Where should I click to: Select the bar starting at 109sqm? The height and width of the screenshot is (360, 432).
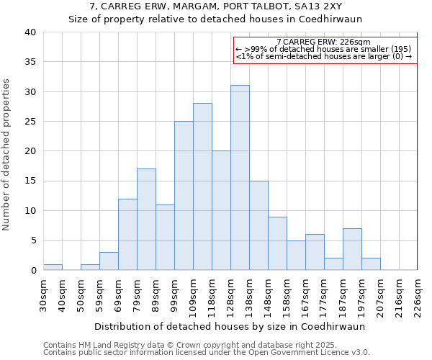[202, 186]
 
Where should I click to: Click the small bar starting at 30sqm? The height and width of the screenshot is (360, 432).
[53, 267]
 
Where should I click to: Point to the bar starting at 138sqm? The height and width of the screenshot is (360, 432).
[258, 225]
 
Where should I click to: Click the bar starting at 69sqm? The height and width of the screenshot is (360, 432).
[127, 235]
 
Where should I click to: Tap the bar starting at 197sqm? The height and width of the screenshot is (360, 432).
[371, 264]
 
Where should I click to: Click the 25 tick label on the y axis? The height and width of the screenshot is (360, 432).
[30, 122]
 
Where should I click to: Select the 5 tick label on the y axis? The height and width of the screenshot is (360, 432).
[32, 240]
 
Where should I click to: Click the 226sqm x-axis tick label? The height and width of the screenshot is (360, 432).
[418, 294]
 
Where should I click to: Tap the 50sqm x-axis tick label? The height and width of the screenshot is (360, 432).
[81, 294]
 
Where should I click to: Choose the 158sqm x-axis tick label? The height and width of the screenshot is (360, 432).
[287, 294]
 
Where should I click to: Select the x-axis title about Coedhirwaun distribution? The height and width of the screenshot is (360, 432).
[230, 326]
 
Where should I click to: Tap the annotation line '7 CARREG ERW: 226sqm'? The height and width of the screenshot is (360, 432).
[323, 42]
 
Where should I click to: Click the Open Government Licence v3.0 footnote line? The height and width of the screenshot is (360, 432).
[207, 352]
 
